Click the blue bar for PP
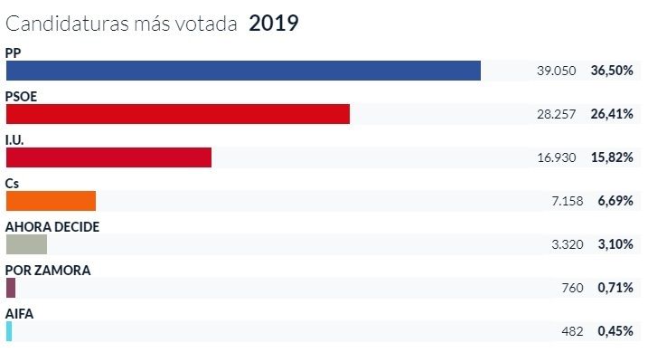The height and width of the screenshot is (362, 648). (243, 71)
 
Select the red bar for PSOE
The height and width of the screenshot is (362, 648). (177, 114)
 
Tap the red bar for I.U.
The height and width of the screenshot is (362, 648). (108, 157)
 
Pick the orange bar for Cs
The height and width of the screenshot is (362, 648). (51, 201)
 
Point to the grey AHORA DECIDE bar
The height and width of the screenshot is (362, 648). (26, 244)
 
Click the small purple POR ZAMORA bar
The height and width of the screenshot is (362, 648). (11, 288)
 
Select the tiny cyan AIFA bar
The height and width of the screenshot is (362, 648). (9, 331)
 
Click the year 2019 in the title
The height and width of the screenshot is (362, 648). (273, 24)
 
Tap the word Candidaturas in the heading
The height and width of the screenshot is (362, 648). (69, 24)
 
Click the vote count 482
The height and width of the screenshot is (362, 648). (573, 331)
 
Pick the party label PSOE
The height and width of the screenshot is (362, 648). (22, 96)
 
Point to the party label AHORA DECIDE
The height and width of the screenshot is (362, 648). (52, 226)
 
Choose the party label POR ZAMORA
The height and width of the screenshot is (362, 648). (48, 270)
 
